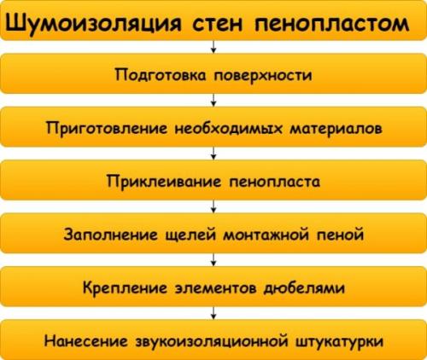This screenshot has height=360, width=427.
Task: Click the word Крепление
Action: [x=125, y=287]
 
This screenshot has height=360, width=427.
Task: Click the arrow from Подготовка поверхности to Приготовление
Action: [x=213, y=100]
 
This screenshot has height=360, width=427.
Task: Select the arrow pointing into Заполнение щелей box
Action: [x=213, y=207]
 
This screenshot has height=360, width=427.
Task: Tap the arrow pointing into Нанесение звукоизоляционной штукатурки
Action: [x=213, y=314]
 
